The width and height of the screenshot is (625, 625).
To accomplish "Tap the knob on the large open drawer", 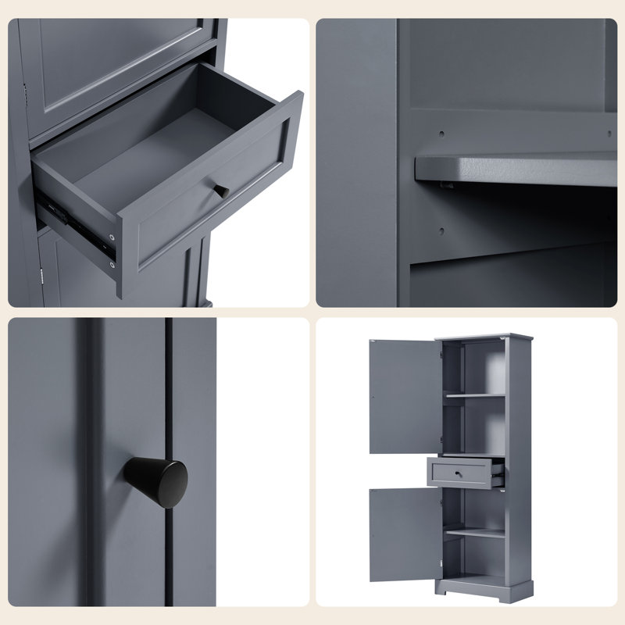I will [222, 191].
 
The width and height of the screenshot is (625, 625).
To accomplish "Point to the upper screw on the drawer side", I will [114, 235].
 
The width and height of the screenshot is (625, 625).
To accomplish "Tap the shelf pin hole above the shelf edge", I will [441, 134].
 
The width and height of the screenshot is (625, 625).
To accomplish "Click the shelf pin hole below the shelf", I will [441, 231].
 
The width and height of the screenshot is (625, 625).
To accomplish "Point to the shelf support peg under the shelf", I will [446, 184].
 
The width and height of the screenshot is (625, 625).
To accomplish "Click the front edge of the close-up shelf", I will [516, 168].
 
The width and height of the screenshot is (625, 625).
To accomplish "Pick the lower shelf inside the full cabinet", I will [474, 533].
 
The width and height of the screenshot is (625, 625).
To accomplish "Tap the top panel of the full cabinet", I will [484, 337].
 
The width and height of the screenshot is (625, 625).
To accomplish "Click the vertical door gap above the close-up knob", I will [168, 375].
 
